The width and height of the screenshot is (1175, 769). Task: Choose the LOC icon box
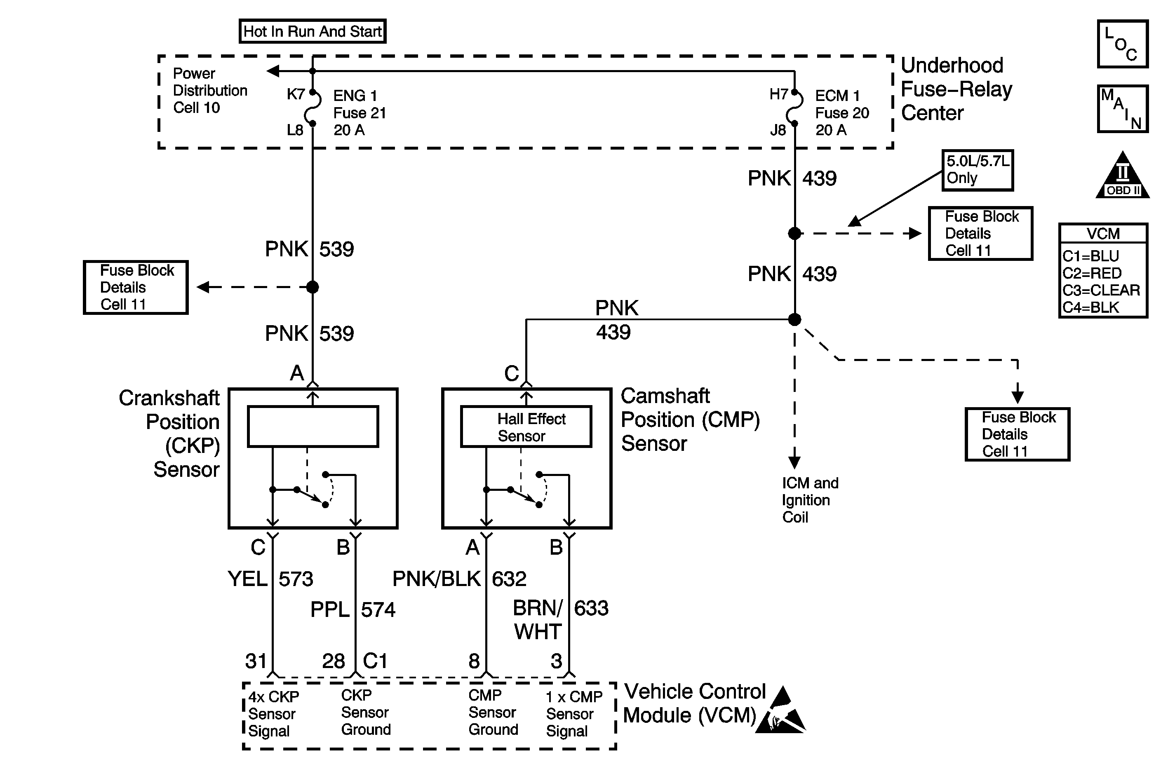(x=1123, y=44)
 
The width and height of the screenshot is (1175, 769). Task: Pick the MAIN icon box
(x=1123, y=108)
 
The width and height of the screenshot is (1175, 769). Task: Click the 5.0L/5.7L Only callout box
(x=978, y=170)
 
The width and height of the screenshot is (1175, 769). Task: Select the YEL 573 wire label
(x=270, y=579)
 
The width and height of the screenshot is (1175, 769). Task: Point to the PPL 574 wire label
(x=353, y=610)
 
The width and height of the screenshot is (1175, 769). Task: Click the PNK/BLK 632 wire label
(x=459, y=579)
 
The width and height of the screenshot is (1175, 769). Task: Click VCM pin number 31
(x=256, y=661)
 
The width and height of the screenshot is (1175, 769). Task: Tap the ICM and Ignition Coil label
(x=810, y=500)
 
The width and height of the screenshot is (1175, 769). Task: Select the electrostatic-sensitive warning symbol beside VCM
(x=780, y=711)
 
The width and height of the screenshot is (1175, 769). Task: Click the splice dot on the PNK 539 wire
(x=313, y=287)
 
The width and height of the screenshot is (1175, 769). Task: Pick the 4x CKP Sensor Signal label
(x=273, y=714)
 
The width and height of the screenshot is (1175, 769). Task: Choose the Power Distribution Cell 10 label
(x=210, y=91)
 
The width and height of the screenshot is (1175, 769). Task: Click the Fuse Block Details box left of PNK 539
(x=136, y=287)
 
